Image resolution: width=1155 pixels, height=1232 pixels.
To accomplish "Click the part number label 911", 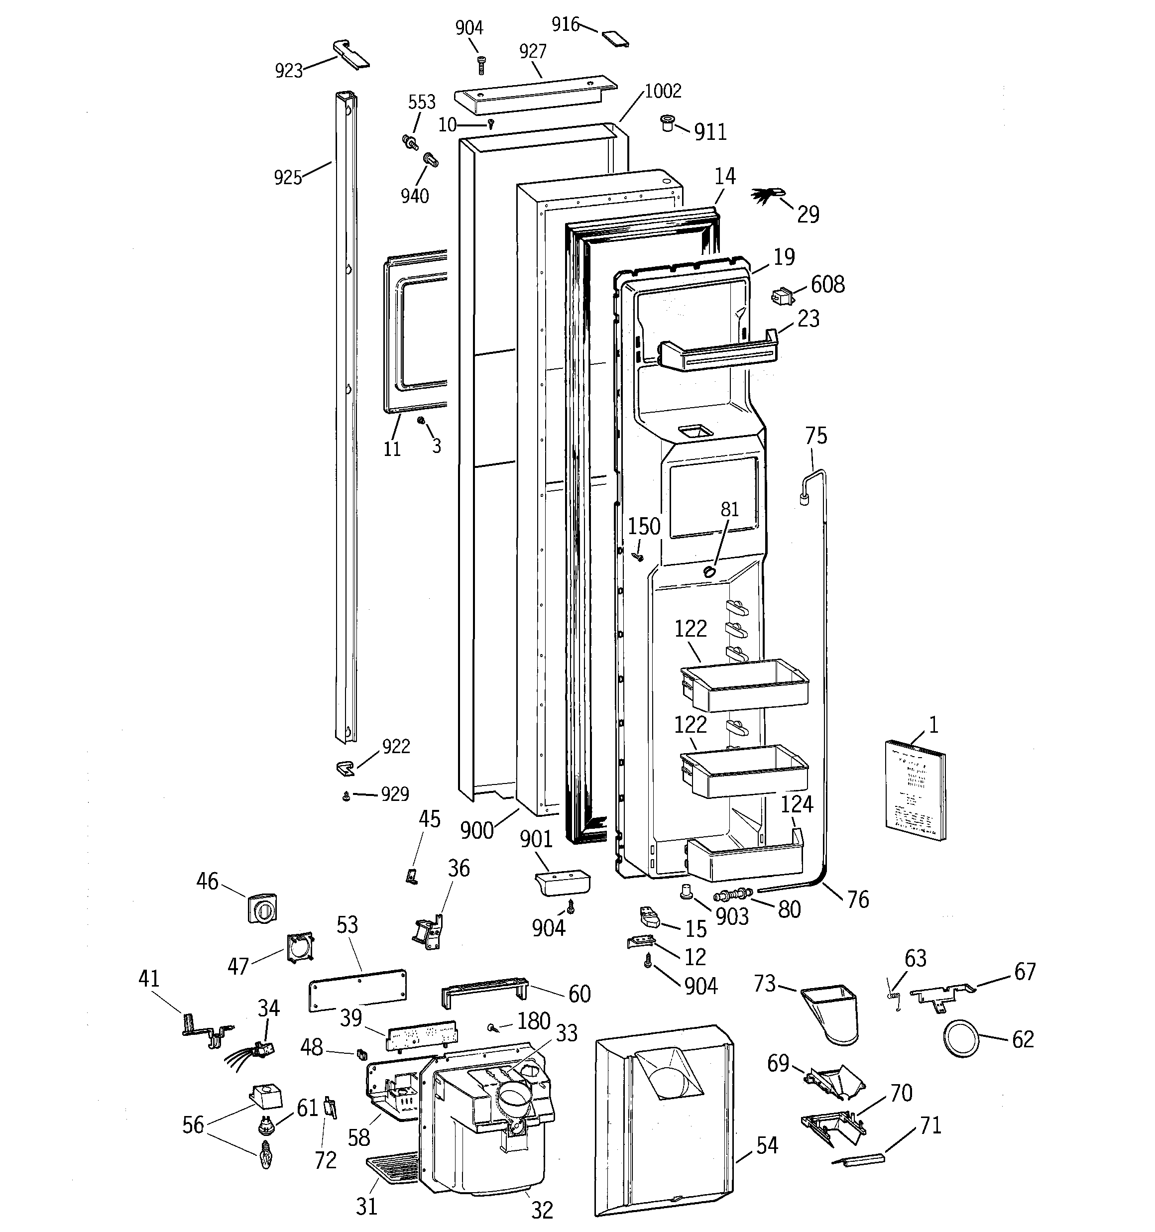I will pos(710,132).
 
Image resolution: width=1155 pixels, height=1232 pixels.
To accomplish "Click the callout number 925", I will pos(288,178).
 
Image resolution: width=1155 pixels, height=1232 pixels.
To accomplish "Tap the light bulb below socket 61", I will pos(266,1156).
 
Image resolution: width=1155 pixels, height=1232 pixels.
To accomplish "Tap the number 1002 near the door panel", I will pos(663,91).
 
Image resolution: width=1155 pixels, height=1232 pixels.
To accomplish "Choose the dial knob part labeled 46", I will pos(262,908).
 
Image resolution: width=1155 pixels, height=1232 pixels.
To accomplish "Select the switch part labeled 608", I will pos(783,296).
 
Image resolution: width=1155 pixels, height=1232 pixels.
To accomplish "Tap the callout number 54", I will pos(766,1145).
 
